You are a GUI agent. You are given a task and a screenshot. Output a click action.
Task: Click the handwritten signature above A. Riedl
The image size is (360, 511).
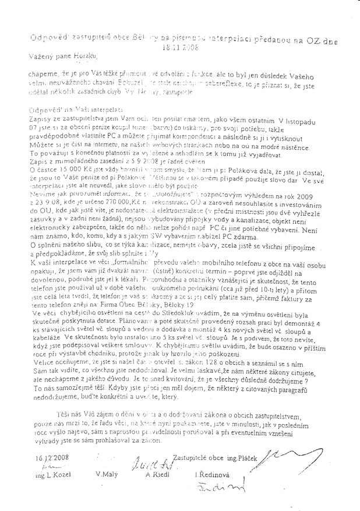click(x=153, y=464)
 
